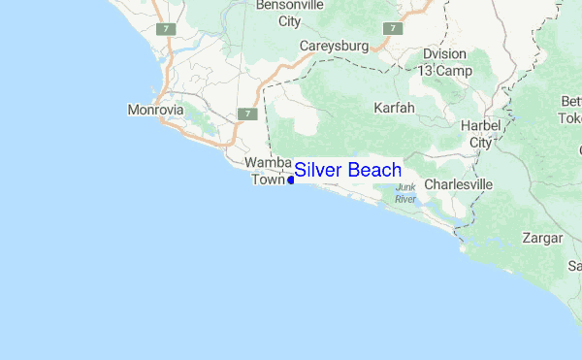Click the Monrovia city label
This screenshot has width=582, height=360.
[x=156, y=110]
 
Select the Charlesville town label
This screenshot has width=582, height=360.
[x=459, y=183]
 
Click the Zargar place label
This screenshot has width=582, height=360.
[x=541, y=237]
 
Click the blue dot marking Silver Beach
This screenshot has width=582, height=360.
[x=291, y=180]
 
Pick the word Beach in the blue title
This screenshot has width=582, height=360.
[x=374, y=170]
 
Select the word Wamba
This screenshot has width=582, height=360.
[x=269, y=162]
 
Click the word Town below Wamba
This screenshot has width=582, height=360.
[x=269, y=179]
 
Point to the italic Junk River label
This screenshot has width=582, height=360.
[x=405, y=192]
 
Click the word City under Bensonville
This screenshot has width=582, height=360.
[x=289, y=20]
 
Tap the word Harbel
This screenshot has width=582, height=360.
[x=481, y=127]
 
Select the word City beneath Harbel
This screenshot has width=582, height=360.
[x=481, y=143]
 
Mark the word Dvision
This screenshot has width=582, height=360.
[x=445, y=55]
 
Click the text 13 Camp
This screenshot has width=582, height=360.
[x=445, y=71]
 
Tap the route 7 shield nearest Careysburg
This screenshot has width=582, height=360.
[x=391, y=28]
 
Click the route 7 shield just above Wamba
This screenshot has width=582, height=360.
[x=247, y=114]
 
